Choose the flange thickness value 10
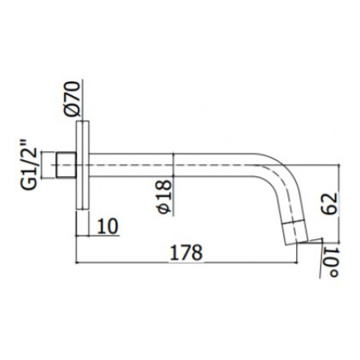(x=108, y=226)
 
